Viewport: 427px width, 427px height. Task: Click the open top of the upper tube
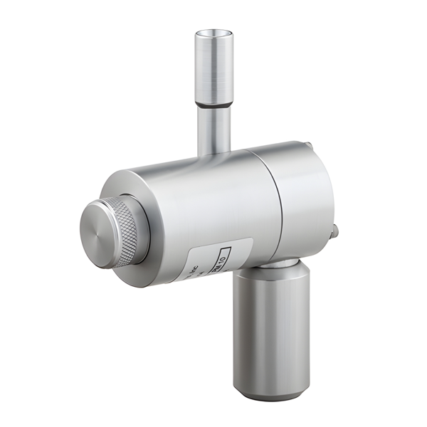[x=214, y=33]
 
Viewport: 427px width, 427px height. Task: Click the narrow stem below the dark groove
[x=214, y=132]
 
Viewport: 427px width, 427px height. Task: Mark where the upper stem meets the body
[x=214, y=154]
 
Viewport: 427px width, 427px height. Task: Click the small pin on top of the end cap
[x=307, y=147]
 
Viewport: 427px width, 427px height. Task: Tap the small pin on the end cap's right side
[x=334, y=231]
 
